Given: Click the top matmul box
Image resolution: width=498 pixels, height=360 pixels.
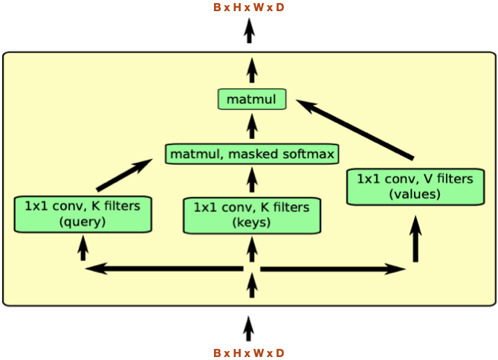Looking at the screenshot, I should pyautogui.click(x=252, y=99).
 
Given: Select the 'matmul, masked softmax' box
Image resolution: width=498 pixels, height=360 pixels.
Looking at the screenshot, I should pyautogui.click(x=252, y=155).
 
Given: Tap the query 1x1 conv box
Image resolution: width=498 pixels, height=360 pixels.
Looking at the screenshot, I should pyautogui.click(x=83, y=214).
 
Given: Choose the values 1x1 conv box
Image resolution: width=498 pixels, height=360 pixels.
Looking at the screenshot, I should pyautogui.click(x=414, y=187).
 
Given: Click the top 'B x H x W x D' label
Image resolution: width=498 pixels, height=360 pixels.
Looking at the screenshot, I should pyautogui.click(x=248, y=7).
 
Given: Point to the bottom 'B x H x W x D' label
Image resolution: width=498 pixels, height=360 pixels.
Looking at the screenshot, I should pyautogui.click(x=248, y=353).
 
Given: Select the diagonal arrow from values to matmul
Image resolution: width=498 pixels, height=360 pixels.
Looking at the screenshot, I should pyautogui.click(x=358, y=131).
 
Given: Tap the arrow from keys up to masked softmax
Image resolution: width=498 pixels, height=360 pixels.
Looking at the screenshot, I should pyautogui.click(x=252, y=180).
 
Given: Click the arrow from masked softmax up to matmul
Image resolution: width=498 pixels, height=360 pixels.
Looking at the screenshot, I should pyautogui.click(x=252, y=126).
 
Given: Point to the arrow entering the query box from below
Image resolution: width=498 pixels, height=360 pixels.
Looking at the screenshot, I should pyautogui.click(x=83, y=247).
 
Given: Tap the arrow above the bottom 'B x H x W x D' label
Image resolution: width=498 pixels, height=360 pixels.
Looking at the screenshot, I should pyautogui.click(x=249, y=327).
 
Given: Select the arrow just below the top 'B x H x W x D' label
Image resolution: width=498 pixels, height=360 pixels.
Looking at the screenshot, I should pyautogui.click(x=250, y=30).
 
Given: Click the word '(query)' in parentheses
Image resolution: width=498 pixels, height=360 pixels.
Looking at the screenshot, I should pyautogui.click(x=83, y=222).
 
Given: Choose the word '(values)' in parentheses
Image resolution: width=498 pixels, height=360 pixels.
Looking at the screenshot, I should pyautogui.click(x=414, y=194).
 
